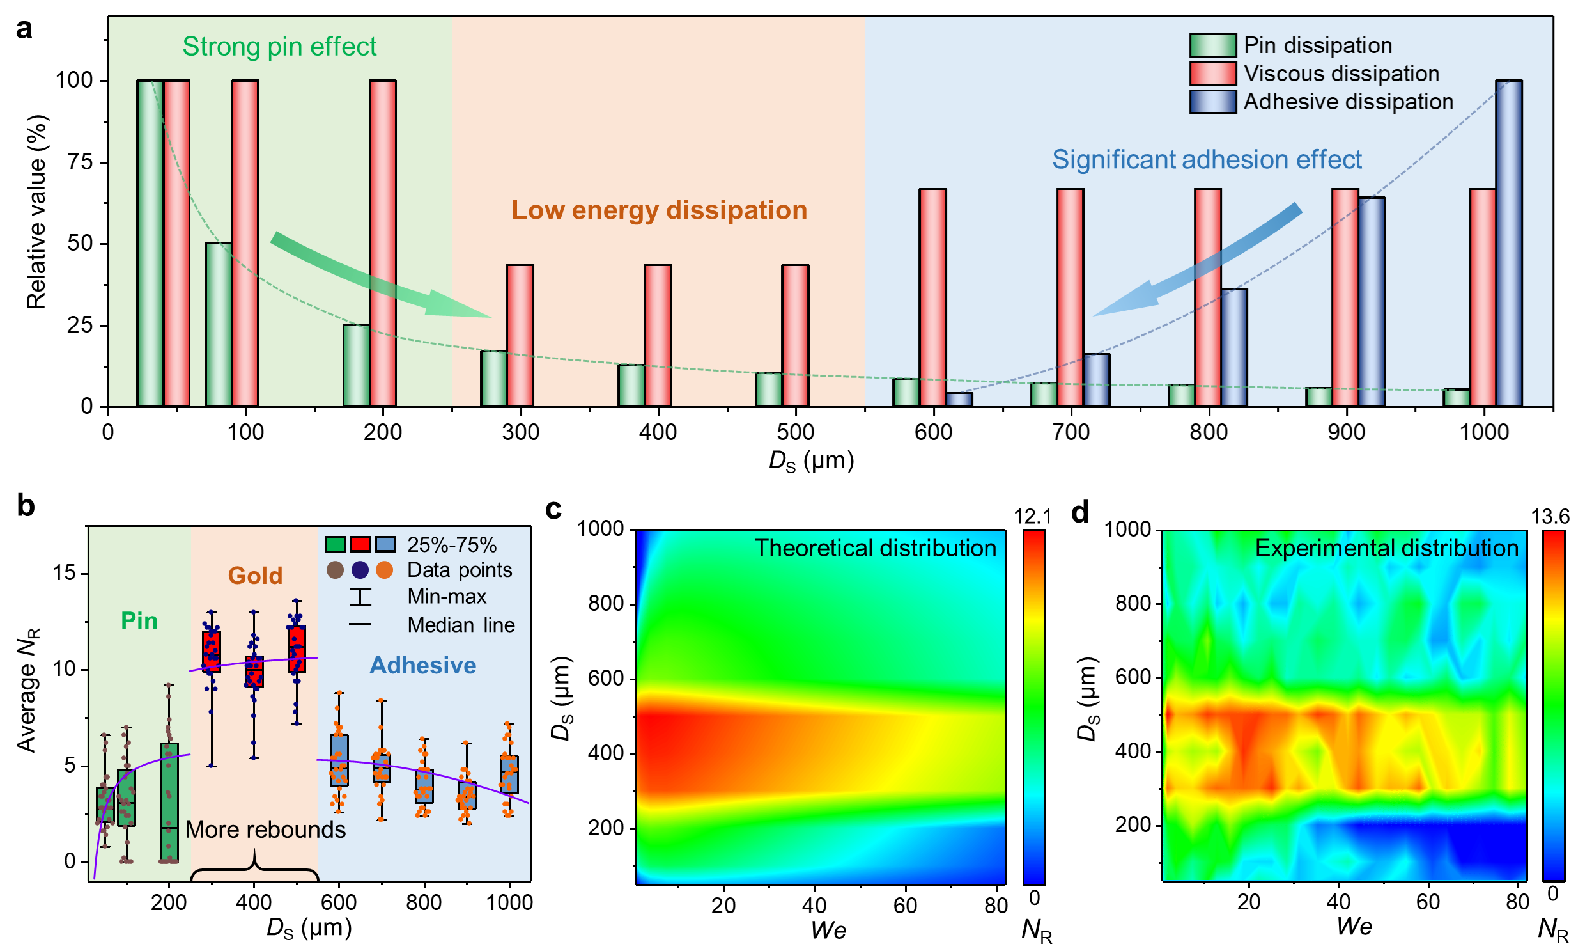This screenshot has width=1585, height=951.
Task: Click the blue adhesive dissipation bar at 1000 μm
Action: pyautogui.click(x=1508, y=244)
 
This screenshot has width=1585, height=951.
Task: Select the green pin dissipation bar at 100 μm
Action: pyautogui.click(x=219, y=325)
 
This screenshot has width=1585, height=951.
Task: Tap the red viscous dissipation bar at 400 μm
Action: pyautogui.click(x=658, y=335)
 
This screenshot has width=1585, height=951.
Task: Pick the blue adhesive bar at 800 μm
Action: pyautogui.click(x=1233, y=347)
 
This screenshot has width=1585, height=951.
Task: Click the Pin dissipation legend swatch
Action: pyautogui.click(x=1212, y=45)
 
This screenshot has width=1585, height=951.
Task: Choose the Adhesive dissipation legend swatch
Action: pyautogui.click(x=1212, y=102)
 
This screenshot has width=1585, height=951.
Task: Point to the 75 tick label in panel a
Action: pyautogui.click(x=80, y=162)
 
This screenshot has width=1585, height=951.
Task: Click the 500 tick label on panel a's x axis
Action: pyautogui.click(x=796, y=432)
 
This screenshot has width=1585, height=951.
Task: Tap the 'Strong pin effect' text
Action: pyautogui.click(x=279, y=47)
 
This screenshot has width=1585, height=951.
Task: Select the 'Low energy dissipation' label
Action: pyautogui.click(x=659, y=210)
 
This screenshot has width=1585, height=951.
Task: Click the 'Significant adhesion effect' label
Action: pyautogui.click(x=1207, y=160)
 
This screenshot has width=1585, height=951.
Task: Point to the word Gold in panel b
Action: pyautogui.click(x=255, y=576)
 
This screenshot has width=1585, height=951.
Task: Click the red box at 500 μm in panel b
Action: pyautogui.click(x=297, y=648)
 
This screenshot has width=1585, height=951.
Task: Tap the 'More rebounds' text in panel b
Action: pyautogui.click(x=265, y=829)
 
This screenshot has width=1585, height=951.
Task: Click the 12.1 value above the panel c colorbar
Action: pyautogui.click(x=1032, y=517)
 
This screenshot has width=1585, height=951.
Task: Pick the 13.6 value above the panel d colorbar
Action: pyautogui.click(x=1550, y=517)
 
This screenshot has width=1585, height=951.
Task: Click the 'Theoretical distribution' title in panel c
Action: pyautogui.click(x=875, y=549)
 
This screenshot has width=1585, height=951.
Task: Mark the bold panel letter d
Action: pyautogui.click(x=1080, y=512)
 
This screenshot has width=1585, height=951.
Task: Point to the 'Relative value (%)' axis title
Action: pyautogui.click(x=36, y=212)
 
